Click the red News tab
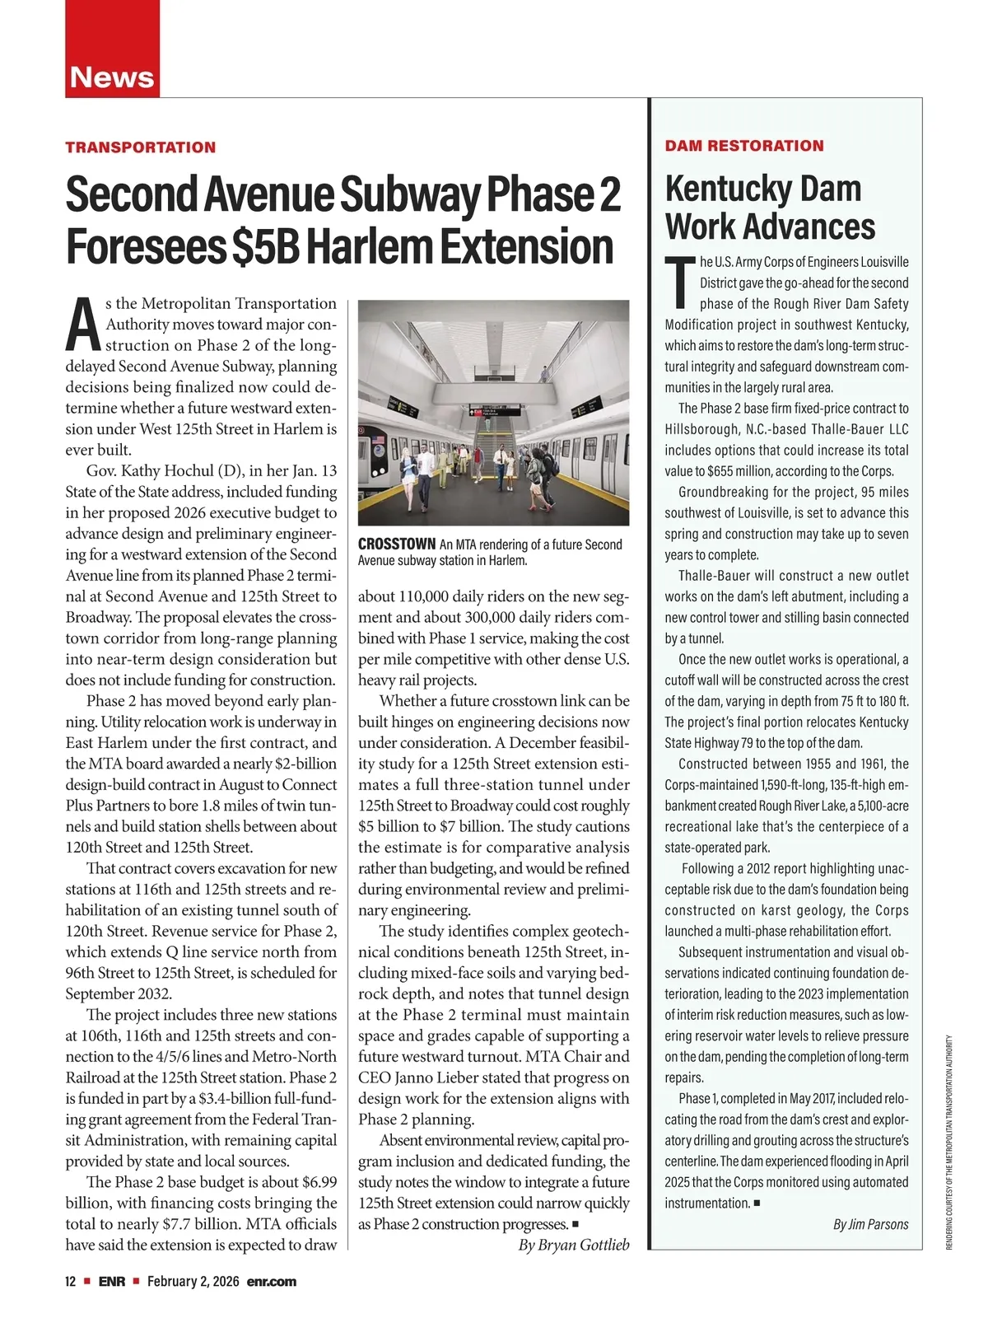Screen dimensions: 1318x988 click(112, 77)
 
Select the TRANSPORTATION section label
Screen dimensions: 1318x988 click(141, 147)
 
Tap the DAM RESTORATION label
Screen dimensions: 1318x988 click(744, 146)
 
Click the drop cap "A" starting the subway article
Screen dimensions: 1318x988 click(84, 324)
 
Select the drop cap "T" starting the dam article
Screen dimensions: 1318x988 click(680, 281)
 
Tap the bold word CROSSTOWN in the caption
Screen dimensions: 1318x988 click(397, 544)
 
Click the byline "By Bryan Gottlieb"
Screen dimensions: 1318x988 click(573, 1245)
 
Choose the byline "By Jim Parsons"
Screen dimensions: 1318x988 click(870, 1224)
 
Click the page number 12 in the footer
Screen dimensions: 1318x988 click(71, 1282)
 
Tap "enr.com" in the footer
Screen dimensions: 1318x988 click(271, 1282)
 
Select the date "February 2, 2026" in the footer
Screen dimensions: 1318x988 click(193, 1282)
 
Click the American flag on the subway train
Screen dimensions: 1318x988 click(378, 441)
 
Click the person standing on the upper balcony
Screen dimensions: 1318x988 click(544, 373)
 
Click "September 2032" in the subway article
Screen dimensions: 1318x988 click(119, 993)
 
